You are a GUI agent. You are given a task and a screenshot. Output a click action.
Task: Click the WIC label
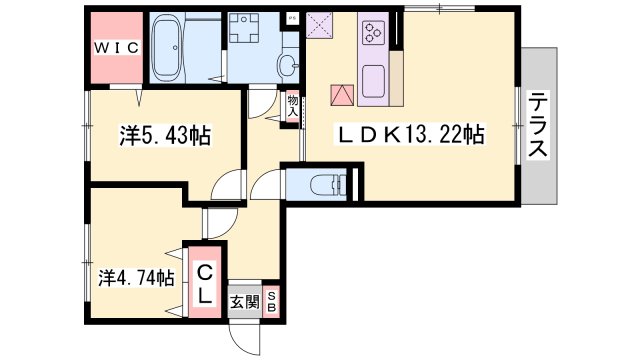click(117, 48)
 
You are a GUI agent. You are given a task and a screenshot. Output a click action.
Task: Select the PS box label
click(292, 18)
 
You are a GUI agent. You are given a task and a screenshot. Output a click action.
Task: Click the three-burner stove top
click(373, 33)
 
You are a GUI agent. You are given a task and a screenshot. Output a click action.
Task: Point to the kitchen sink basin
click(373, 81)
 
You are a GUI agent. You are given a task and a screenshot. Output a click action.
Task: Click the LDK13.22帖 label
click(409, 134)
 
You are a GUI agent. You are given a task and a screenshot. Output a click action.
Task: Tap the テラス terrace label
click(538, 124)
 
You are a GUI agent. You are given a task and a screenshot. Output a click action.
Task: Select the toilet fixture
click(328, 186)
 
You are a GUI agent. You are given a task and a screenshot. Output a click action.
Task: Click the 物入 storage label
click(293, 106)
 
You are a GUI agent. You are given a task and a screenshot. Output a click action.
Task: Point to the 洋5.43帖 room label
click(165, 136)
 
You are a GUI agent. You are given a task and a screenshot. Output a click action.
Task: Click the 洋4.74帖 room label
click(137, 278)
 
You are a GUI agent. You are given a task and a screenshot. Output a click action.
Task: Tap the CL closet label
click(205, 283)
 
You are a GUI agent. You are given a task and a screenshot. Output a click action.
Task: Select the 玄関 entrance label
click(244, 302)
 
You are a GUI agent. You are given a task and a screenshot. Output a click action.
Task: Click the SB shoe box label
click(271, 302)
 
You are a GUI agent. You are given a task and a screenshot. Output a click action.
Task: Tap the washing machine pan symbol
click(244, 28)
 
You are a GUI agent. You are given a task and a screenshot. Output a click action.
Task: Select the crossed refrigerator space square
click(319, 24)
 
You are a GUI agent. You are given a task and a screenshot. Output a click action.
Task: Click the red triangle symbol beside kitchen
click(342, 95)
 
